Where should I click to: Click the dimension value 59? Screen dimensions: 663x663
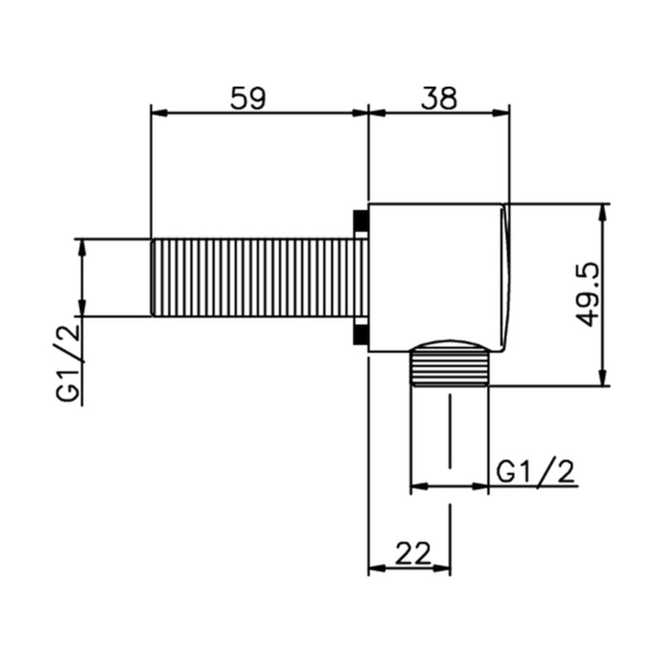click(247, 98)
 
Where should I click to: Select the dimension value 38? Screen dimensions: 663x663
click(439, 98)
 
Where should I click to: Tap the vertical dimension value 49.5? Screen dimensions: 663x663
click(589, 295)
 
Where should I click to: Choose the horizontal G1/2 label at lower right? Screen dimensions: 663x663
click(536, 471)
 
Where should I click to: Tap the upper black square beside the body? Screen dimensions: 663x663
click(361, 222)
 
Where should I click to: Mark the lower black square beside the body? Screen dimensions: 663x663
click(361, 334)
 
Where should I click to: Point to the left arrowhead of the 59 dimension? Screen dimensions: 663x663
click(158, 113)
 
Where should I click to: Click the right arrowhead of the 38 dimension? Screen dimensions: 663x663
click(502, 113)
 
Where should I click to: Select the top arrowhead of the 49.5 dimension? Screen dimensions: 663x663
click(604, 211)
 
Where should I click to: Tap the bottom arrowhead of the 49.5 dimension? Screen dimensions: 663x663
click(604, 378)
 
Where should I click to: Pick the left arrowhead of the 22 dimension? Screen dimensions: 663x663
click(376, 568)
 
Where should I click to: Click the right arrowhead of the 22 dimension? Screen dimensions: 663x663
click(443, 568)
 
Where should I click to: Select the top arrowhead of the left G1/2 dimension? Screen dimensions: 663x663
click(82, 246)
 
